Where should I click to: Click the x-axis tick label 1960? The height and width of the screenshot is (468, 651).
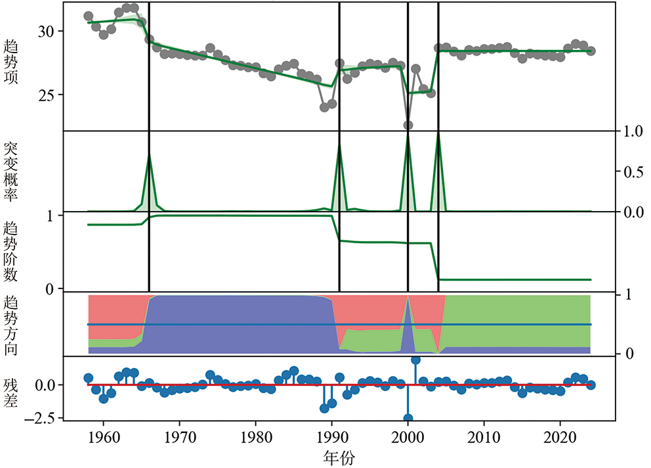(x=103, y=437)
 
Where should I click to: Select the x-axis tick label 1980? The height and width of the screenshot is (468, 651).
(x=255, y=437)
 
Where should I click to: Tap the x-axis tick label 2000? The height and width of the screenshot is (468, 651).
(x=408, y=437)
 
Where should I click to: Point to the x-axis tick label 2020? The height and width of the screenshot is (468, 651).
(x=560, y=437)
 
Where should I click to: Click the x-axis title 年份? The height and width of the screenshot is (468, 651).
(x=340, y=456)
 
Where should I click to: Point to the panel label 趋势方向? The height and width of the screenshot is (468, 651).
(x=12, y=325)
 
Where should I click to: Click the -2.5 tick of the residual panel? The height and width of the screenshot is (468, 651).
(x=44, y=417)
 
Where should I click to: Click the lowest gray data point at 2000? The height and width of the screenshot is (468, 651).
(x=408, y=125)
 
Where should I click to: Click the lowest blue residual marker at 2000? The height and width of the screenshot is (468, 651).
(x=408, y=418)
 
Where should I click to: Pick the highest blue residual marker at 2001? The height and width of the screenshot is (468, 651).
(x=415, y=360)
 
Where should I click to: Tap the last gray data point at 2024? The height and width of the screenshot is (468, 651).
(x=591, y=51)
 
